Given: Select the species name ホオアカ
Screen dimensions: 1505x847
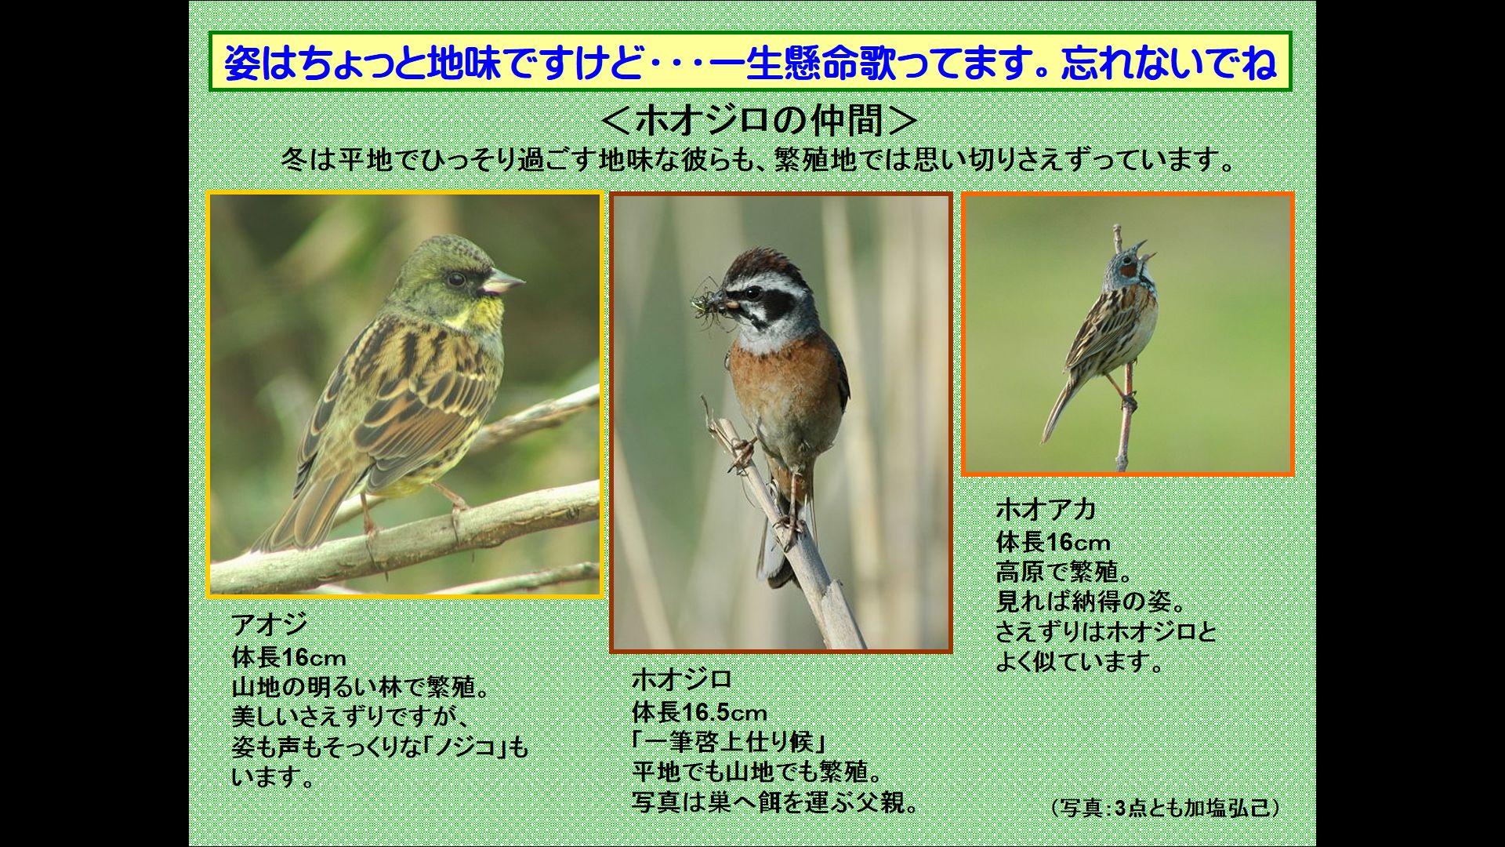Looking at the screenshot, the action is [1046, 510].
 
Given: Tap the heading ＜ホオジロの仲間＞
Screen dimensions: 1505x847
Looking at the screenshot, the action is [760, 121].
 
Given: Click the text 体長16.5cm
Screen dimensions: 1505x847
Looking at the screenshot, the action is [699, 712].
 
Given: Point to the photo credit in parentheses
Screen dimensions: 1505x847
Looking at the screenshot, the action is [1164, 808].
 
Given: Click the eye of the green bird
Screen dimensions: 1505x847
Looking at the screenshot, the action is [455, 278].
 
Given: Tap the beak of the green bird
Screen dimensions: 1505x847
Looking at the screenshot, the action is [503, 281].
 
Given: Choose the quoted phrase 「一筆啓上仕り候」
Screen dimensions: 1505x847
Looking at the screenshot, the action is [730, 742].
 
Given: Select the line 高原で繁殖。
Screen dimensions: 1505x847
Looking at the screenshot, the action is [1066, 571].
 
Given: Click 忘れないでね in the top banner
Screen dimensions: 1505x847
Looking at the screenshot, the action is [1169, 63].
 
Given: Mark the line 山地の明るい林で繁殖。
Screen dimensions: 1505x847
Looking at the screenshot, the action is [361, 687].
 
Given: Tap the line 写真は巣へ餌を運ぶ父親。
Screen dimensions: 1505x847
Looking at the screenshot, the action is [775, 802].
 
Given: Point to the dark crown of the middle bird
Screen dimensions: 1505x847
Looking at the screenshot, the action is [759, 263].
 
